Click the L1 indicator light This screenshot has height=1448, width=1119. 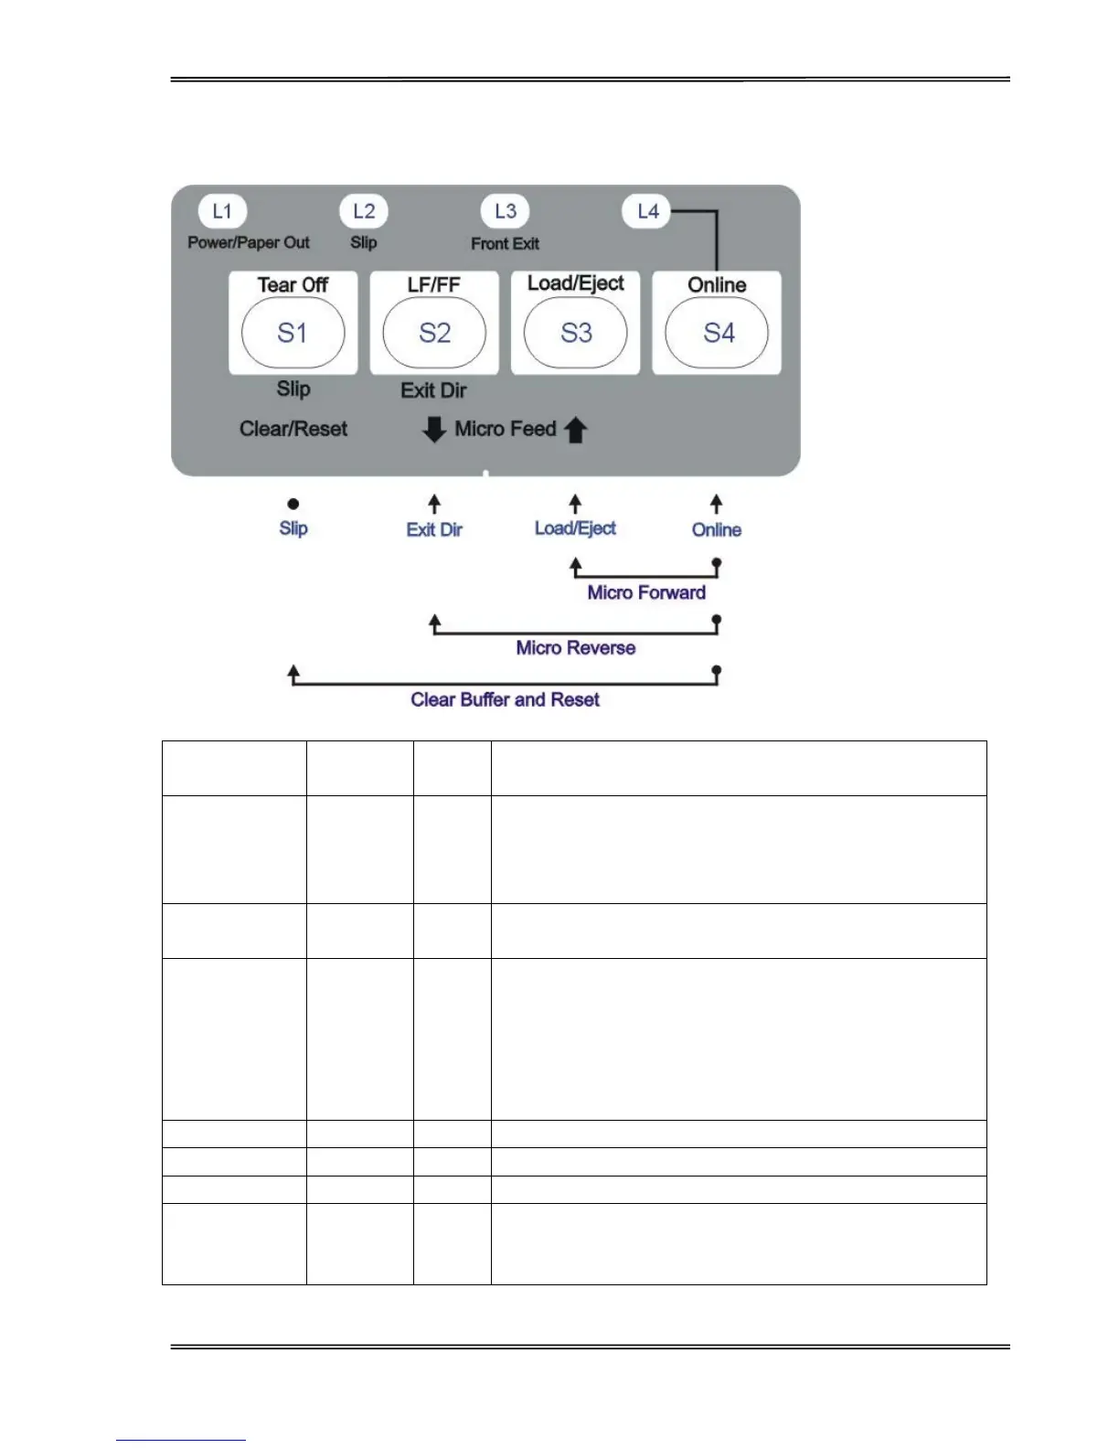click(222, 212)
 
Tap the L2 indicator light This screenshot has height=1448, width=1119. click(364, 212)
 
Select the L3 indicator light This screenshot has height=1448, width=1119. click(506, 211)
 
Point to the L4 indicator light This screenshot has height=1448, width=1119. click(647, 212)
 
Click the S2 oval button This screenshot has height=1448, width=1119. click(434, 333)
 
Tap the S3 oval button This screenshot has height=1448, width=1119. click(576, 333)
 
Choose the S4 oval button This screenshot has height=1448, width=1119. click(718, 333)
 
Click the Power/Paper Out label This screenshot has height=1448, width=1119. click(249, 242)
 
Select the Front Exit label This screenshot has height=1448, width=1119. click(505, 244)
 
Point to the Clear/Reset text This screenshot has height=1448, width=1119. click(293, 429)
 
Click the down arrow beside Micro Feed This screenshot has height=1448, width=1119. click(434, 429)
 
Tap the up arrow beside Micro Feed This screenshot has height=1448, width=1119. click(575, 430)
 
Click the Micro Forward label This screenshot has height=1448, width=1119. click(646, 592)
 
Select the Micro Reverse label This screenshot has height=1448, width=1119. click(575, 648)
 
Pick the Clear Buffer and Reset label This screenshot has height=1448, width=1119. click(505, 700)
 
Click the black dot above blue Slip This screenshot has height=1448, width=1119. click(293, 504)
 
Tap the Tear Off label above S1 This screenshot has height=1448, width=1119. click(293, 285)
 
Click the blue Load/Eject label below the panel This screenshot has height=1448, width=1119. click(575, 528)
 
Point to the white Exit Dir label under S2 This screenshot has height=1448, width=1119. click(433, 390)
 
